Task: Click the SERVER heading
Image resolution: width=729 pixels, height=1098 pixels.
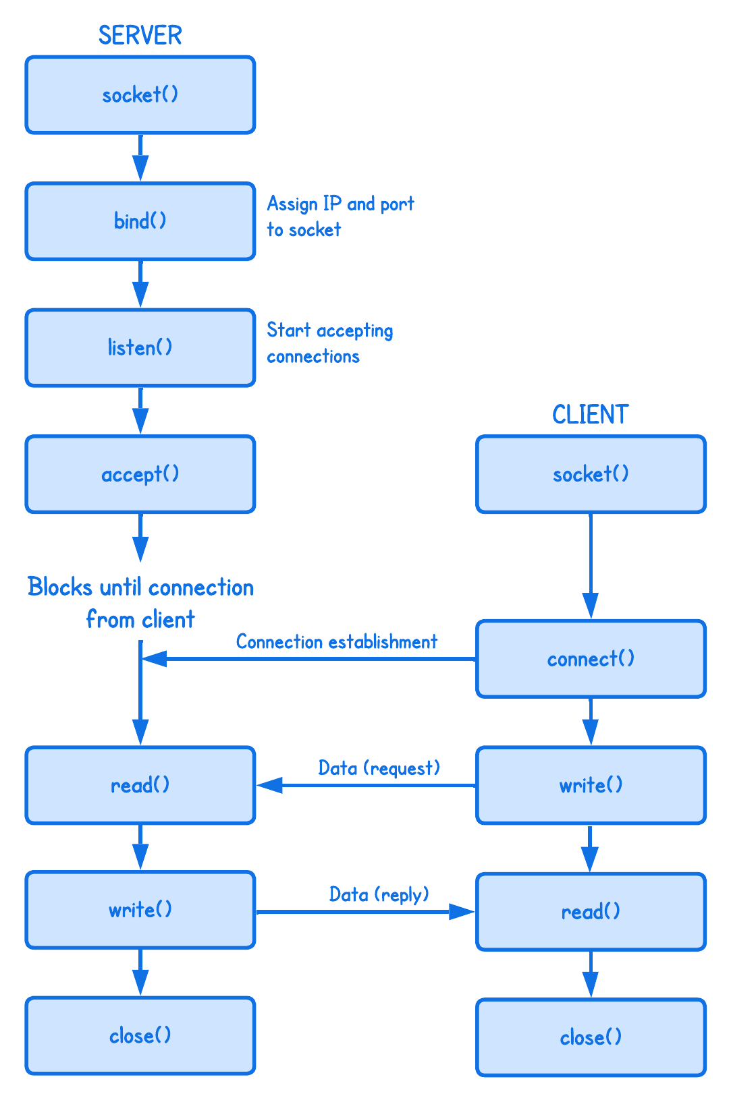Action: tap(140, 35)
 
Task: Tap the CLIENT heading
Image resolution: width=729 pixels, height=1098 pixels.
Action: tap(590, 415)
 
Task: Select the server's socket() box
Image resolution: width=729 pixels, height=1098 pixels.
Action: tap(140, 95)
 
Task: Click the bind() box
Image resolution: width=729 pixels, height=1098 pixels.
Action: tap(140, 221)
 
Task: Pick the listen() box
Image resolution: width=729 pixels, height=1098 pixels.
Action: tap(140, 348)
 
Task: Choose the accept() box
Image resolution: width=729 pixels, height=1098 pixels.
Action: tap(140, 474)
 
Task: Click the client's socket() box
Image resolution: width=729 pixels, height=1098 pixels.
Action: tap(591, 474)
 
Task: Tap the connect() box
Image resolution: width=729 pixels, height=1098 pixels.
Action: tap(591, 659)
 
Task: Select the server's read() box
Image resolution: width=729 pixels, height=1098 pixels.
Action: tap(140, 785)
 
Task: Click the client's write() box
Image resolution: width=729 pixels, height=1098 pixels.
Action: tap(591, 785)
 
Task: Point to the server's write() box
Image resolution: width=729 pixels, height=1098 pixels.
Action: tap(140, 910)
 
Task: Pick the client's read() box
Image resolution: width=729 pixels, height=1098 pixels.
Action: tap(591, 912)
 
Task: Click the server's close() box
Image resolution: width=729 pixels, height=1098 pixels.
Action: tap(140, 1035)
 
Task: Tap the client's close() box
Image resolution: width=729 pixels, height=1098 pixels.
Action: tap(591, 1037)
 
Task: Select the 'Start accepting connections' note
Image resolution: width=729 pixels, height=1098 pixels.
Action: tap(329, 343)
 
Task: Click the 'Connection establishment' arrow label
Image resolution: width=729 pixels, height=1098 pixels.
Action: tap(336, 641)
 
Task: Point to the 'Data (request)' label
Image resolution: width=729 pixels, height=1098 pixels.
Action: tap(379, 768)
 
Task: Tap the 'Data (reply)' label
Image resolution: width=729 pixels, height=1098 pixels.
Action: tap(379, 895)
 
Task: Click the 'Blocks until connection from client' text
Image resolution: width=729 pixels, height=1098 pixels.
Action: tap(140, 602)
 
